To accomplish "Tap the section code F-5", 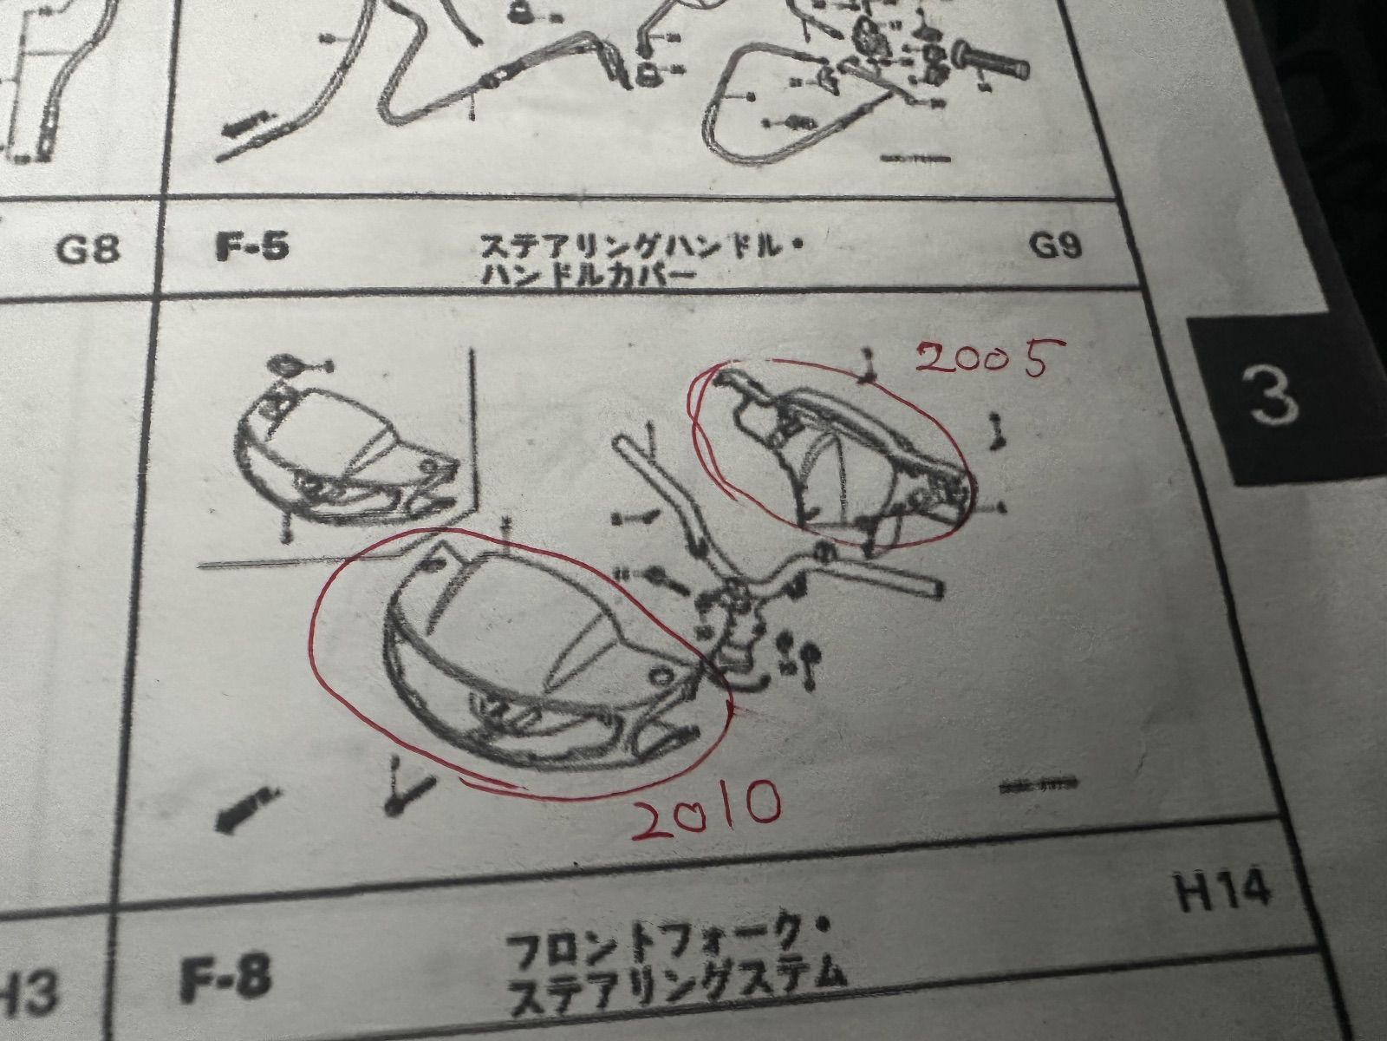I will tap(251, 246).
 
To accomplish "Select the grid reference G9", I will tap(1055, 247).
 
